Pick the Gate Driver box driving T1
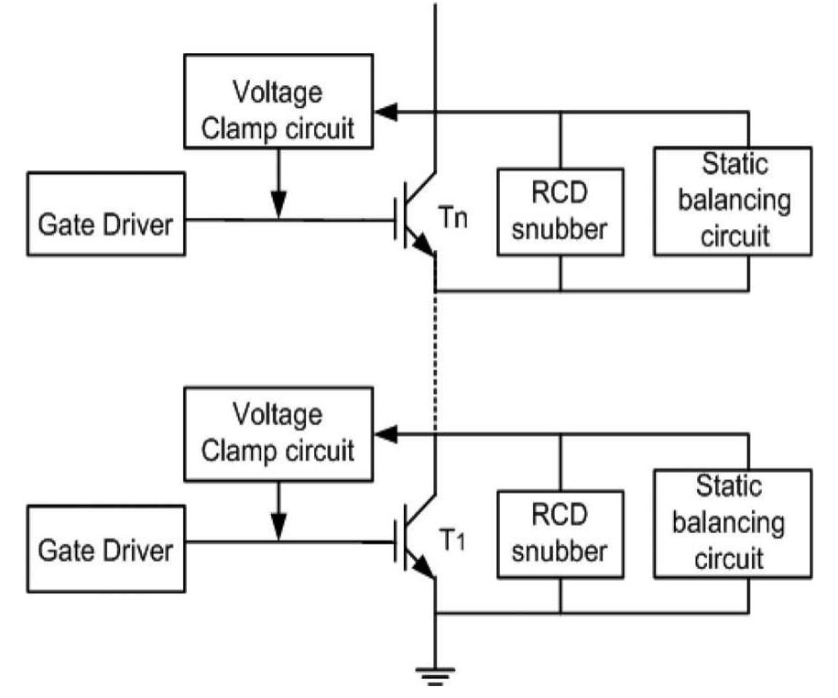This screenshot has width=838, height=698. (104, 551)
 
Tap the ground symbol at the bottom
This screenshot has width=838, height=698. (435, 675)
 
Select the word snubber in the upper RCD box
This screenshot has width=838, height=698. (560, 229)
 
